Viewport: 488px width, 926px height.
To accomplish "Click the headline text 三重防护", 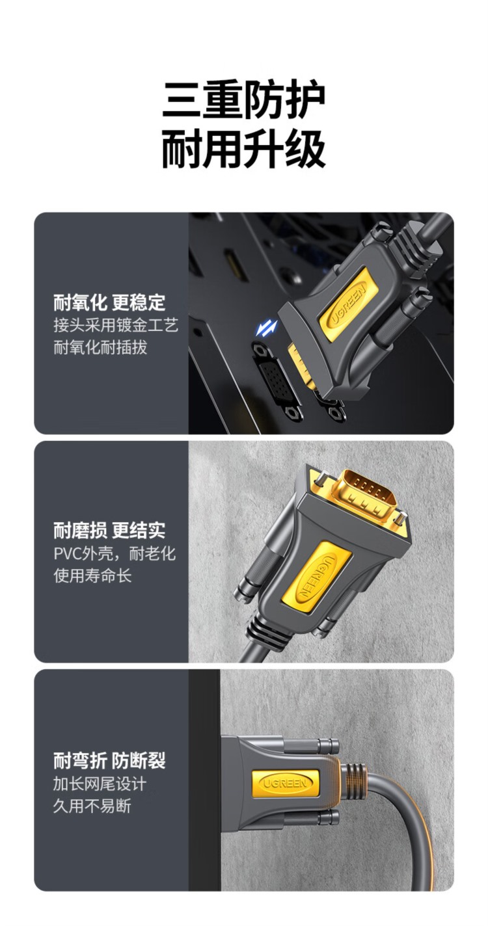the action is (243, 100).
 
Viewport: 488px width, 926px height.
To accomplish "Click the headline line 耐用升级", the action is (243, 148).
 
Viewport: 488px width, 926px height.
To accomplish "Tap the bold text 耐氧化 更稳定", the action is (109, 303).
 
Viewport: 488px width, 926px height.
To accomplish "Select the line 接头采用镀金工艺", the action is (116, 325).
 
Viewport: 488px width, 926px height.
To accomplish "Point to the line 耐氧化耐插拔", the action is (100, 347).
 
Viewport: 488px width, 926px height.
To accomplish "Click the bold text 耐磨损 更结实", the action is (109, 531).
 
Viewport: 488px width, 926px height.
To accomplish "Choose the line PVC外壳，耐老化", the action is (115, 553).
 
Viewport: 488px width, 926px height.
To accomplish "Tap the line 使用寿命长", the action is (92, 575).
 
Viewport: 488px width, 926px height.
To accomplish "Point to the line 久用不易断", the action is (92, 806).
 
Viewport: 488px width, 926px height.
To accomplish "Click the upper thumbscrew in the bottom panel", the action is (311, 746).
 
